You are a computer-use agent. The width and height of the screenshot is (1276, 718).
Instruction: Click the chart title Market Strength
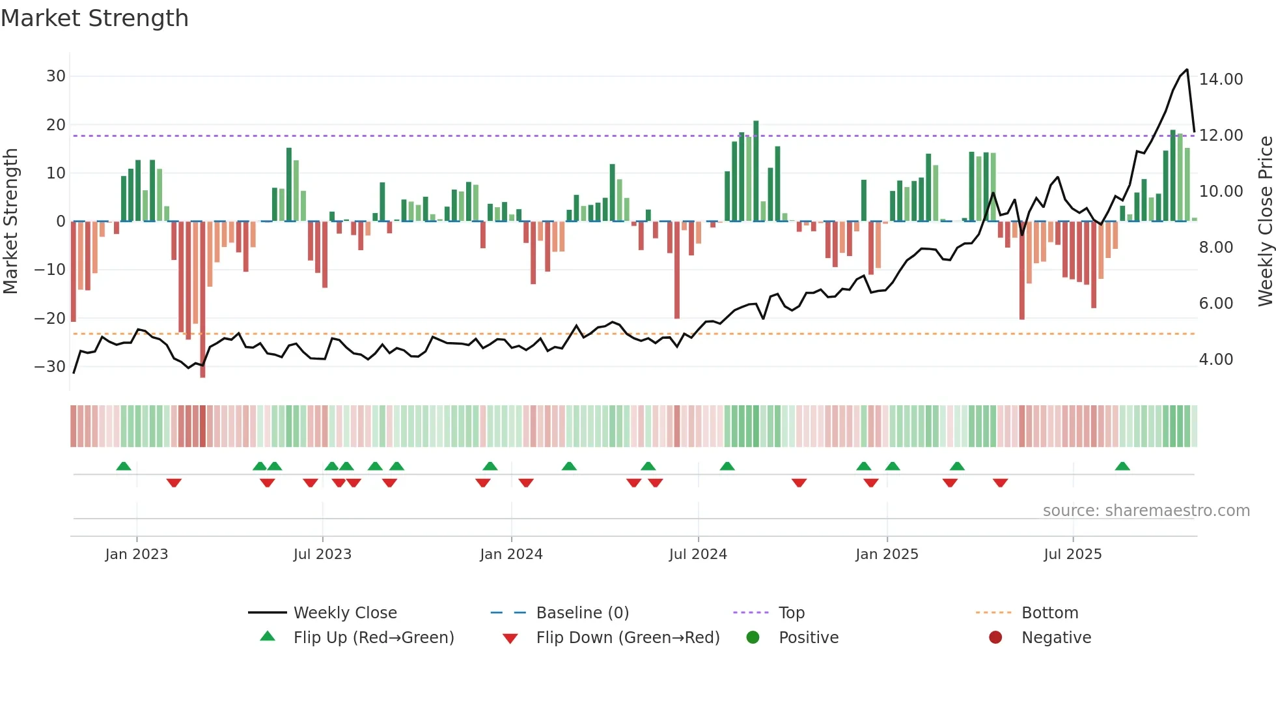coord(94,18)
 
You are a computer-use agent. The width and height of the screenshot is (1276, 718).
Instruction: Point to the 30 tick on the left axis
coord(56,76)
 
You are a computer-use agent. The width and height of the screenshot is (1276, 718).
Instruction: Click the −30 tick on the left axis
coord(50,366)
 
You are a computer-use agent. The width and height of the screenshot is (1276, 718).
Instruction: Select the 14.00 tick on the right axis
coord(1221,79)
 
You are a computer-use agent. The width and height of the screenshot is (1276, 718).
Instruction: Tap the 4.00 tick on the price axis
coord(1215,360)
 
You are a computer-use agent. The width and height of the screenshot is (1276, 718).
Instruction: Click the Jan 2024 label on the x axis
coord(511,554)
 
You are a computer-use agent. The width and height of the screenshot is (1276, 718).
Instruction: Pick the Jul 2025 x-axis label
coord(1072,554)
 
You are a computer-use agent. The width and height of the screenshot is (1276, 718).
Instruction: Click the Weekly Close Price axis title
coord(1265,222)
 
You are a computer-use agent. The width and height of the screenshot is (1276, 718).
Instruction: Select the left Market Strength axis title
coord(10,222)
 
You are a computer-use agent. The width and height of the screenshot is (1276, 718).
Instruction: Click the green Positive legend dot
coord(753,638)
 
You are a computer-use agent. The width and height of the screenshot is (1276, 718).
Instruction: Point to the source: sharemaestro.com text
coord(1146,511)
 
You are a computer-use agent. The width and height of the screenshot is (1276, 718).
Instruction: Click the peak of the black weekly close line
coord(1187,70)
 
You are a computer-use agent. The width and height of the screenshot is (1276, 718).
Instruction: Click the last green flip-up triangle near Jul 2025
coord(1122,467)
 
